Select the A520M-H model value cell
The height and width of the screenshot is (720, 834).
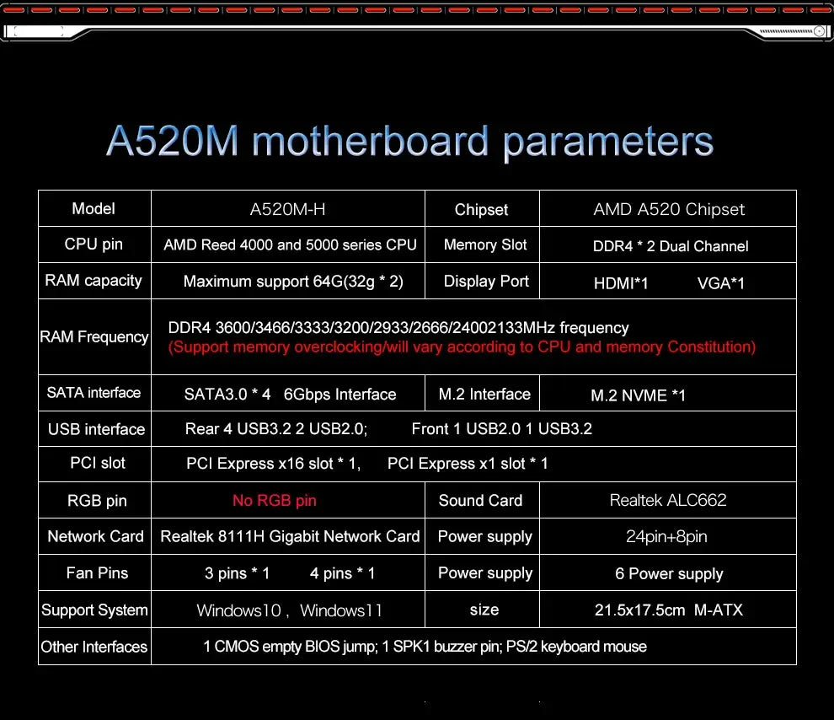pos(287,209)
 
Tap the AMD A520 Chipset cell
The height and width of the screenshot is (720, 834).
pos(669,209)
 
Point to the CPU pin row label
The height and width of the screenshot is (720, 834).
pos(94,244)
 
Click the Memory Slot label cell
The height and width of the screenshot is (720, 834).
pos(485,245)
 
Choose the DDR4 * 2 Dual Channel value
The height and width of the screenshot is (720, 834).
pos(671,246)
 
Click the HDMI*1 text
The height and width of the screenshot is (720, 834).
pos(621,283)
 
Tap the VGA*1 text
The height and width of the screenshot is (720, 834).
pos(721,283)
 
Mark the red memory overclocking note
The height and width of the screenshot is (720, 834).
pos(462,347)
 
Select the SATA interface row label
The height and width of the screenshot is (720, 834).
pos(94,393)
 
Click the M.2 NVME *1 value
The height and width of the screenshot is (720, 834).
pos(638,395)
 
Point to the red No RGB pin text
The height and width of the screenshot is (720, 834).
pos(275,501)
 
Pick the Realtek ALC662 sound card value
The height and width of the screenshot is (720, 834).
pos(668,500)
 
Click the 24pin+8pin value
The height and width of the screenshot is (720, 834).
pos(668,537)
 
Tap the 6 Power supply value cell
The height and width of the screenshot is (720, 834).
pos(669,574)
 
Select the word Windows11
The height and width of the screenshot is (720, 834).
pos(341,610)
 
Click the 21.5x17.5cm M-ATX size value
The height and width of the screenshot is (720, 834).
pos(669,610)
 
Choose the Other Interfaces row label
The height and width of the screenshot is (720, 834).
pos(94,647)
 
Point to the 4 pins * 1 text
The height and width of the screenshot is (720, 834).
pos(342,574)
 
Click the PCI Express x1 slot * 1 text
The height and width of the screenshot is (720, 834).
pos(468,464)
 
